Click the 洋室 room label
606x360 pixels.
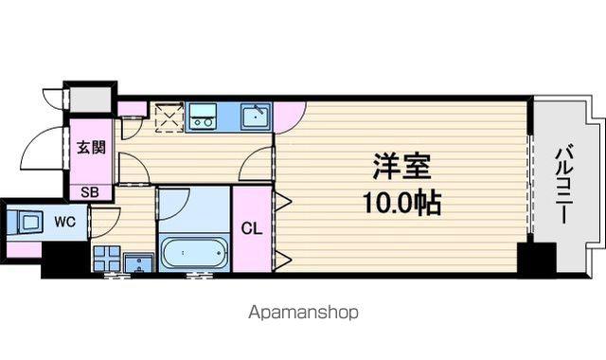(401, 167)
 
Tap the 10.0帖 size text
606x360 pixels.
(401, 203)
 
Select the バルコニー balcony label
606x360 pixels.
(564, 184)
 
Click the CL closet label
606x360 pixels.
(252, 229)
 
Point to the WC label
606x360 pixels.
(65, 222)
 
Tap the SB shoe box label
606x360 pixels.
(90, 192)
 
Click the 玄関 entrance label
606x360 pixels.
(91, 147)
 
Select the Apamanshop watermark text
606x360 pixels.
(303, 313)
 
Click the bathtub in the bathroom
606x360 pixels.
(193, 253)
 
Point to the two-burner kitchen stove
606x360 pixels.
(203, 117)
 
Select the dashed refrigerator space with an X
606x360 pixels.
(169, 117)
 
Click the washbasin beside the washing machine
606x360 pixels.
(139, 263)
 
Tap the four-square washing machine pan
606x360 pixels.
(106, 258)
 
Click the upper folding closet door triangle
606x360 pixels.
(283, 201)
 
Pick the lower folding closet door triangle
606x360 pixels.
(283, 258)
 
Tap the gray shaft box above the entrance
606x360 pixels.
(90, 99)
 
